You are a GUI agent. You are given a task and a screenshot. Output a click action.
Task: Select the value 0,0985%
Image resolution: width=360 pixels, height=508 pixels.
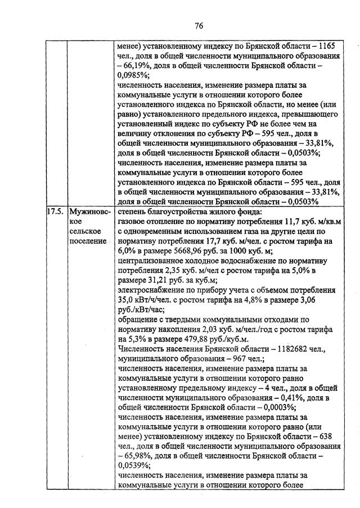pos(135,78)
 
